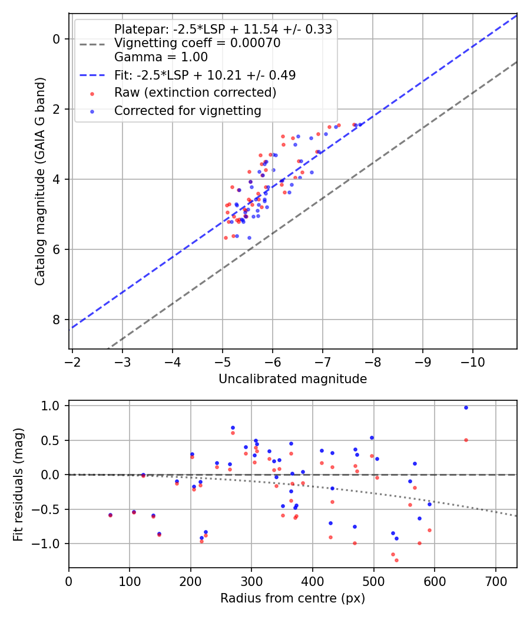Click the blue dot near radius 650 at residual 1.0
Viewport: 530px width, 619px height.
pyautogui.click(x=466, y=407)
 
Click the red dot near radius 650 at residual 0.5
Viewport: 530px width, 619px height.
pyautogui.click(x=466, y=440)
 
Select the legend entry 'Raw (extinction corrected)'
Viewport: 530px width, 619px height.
pyautogui.click(x=195, y=93)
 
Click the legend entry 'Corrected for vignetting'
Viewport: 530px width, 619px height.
pyautogui.click(x=188, y=110)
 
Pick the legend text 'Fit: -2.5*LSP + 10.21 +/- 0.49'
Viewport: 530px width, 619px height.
pyautogui.click(x=205, y=75)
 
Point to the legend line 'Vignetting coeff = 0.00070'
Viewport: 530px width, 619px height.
pyautogui.click(x=197, y=43)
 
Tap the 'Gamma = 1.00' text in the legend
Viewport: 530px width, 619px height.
pyautogui.click(x=161, y=57)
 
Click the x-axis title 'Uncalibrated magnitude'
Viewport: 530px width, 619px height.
pyautogui.click(x=293, y=379)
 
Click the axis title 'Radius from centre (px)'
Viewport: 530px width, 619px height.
pyautogui.click(x=293, y=598)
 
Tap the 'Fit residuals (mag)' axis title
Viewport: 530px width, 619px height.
pyautogui.click(x=18, y=484)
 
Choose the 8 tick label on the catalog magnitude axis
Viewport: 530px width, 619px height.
pyautogui.click(x=57, y=320)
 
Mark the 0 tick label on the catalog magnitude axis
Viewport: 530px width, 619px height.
pyautogui.click(x=57, y=39)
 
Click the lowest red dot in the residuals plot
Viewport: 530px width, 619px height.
pyautogui.click(x=396, y=560)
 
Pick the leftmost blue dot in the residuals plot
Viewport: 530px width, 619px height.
pyautogui.click(x=110, y=515)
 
